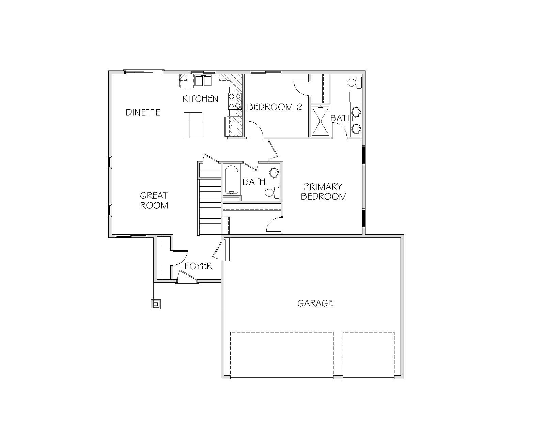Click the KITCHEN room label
point(200,99)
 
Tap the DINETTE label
point(143,112)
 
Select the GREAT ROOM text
point(154,200)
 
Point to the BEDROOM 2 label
point(275,107)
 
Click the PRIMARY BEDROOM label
point(324,191)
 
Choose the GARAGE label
point(315,303)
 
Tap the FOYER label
point(198,266)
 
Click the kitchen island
point(193,125)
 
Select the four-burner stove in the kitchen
point(235,101)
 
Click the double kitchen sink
point(203,81)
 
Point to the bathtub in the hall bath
point(232,180)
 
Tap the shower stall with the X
point(321,121)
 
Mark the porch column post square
point(156,304)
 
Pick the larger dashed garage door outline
point(282,354)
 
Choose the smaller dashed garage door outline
point(369,354)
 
